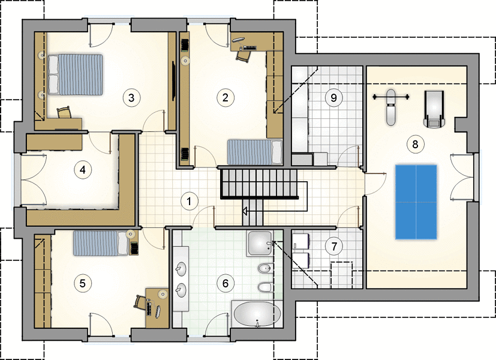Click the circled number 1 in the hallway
click(189, 201)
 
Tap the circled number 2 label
click(226, 97)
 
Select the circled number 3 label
click(131, 98)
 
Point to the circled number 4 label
click(83, 170)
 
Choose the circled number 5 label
click(83, 283)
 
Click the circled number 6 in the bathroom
click(226, 283)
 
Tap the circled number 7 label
click(334, 246)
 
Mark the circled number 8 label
click(415, 144)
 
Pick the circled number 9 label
click(333, 98)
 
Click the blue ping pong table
click(416, 202)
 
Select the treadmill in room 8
click(434, 109)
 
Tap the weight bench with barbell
click(391, 106)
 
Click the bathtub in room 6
click(257, 314)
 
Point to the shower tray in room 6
click(260, 243)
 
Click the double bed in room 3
click(76, 74)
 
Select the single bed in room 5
click(101, 243)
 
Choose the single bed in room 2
click(255, 152)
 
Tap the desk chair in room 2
click(244, 56)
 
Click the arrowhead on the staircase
click(245, 211)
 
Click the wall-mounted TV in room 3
click(173, 81)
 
